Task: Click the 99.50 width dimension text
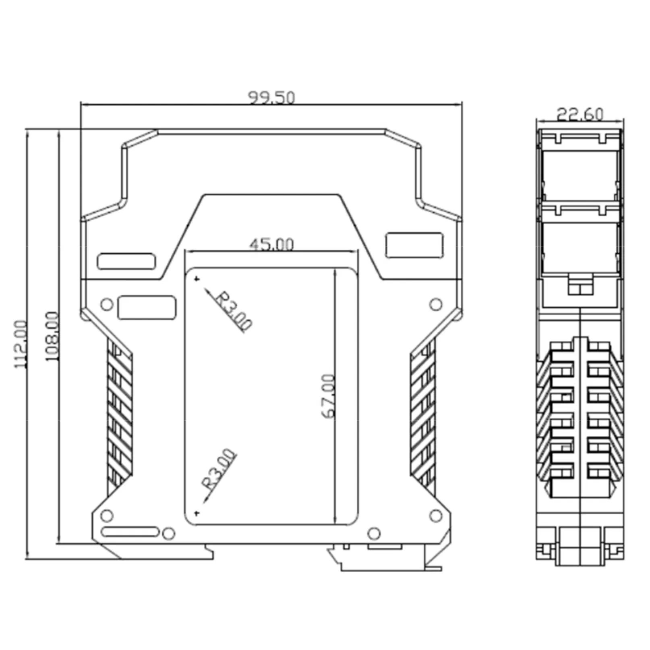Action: pos(271,98)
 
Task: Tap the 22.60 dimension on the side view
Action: pos(580,114)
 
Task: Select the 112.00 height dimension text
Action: pos(21,344)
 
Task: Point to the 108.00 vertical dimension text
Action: pos(52,337)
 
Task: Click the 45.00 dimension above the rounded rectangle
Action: pos(271,244)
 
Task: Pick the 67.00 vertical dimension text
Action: pos(329,396)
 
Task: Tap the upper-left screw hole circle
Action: pos(107,304)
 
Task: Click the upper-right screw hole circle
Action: pos(436,304)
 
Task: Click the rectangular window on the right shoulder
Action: pos(414,245)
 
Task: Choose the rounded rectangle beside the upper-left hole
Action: pos(147,308)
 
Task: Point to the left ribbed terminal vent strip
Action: pos(120,415)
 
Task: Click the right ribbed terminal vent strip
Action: pos(423,415)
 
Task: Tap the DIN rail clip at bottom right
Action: pos(387,560)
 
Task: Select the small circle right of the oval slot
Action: pos(168,534)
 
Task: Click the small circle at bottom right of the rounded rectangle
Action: pos(374,534)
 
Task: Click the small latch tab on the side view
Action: pos(580,284)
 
